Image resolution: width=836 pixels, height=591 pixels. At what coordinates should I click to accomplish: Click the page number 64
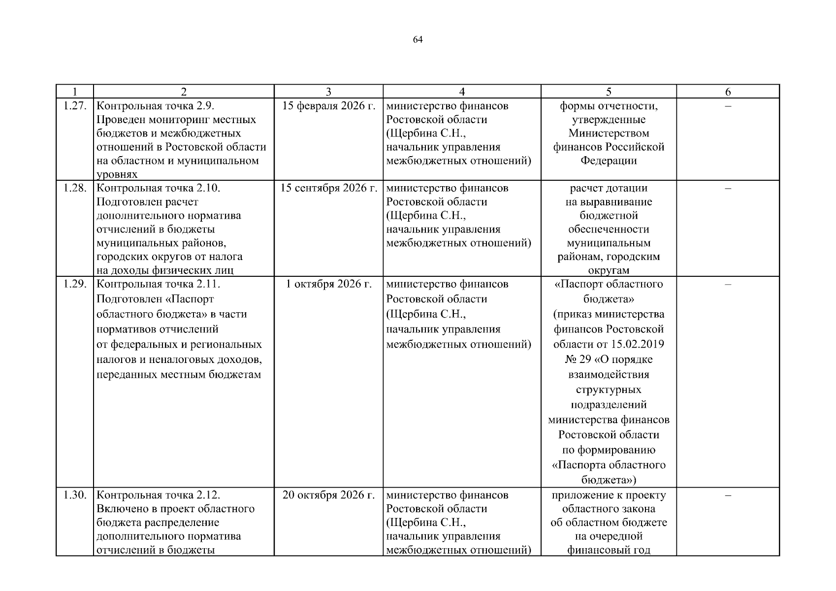point(418,40)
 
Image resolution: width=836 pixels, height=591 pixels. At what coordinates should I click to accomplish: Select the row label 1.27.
point(75,106)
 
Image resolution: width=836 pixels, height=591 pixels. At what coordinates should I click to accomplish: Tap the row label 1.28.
point(75,188)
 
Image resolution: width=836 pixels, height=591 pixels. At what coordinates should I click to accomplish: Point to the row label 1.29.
point(75,284)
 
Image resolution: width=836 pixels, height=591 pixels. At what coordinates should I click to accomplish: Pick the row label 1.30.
point(75,495)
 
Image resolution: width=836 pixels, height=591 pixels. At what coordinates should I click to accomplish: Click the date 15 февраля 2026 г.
point(328,106)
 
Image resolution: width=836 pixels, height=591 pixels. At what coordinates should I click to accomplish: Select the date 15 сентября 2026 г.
point(328,188)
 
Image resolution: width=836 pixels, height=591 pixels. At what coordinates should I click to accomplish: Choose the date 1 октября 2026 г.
point(328,284)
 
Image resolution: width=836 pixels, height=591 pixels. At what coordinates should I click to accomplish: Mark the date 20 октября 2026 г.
point(328,495)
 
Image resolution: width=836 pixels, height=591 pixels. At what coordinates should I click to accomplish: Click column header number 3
point(328,92)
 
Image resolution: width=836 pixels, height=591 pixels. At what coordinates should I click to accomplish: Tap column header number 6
point(728,92)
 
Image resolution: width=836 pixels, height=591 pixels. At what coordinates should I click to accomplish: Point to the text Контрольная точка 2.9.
point(156,106)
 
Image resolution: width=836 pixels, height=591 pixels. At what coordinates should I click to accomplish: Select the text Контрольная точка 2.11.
point(158,284)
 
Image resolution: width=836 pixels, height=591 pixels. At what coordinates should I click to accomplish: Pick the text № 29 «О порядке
point(609,360)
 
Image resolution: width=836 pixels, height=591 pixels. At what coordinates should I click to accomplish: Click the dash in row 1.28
point(728,188)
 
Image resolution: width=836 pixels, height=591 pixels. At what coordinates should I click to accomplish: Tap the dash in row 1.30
point(728,495)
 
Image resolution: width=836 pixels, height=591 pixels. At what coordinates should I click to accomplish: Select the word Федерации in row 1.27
point(609,161)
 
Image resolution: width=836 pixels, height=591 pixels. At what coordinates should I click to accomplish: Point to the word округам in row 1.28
point(609,270)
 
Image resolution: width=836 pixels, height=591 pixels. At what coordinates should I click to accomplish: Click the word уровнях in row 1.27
point(117,174)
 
